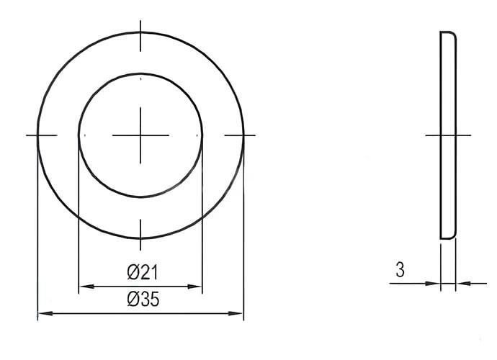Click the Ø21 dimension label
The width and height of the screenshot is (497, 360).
point(142,272)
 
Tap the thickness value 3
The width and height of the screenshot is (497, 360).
point(400,271)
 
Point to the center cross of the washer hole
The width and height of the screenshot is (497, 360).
point(140,135)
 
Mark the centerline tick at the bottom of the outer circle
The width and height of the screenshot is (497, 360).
point(140,229)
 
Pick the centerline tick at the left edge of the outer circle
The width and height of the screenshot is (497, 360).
point(41,135)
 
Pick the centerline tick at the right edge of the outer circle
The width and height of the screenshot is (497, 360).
point(240,135)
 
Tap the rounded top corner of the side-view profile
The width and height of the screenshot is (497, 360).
point(453,35)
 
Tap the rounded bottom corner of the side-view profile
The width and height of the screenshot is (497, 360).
point(453,235)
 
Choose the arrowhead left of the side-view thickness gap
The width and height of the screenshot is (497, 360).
point(434,284)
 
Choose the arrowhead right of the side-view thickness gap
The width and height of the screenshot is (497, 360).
point(462,284)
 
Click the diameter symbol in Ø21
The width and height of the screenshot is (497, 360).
point(133,272)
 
